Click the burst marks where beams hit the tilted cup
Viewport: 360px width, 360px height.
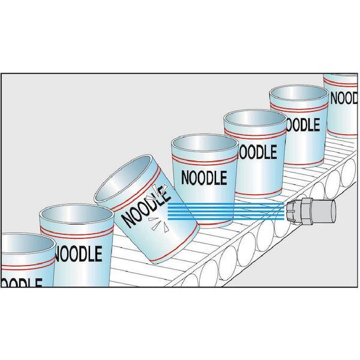157,207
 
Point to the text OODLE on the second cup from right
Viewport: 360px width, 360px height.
302,124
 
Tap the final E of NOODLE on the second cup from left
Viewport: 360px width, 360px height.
98,254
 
